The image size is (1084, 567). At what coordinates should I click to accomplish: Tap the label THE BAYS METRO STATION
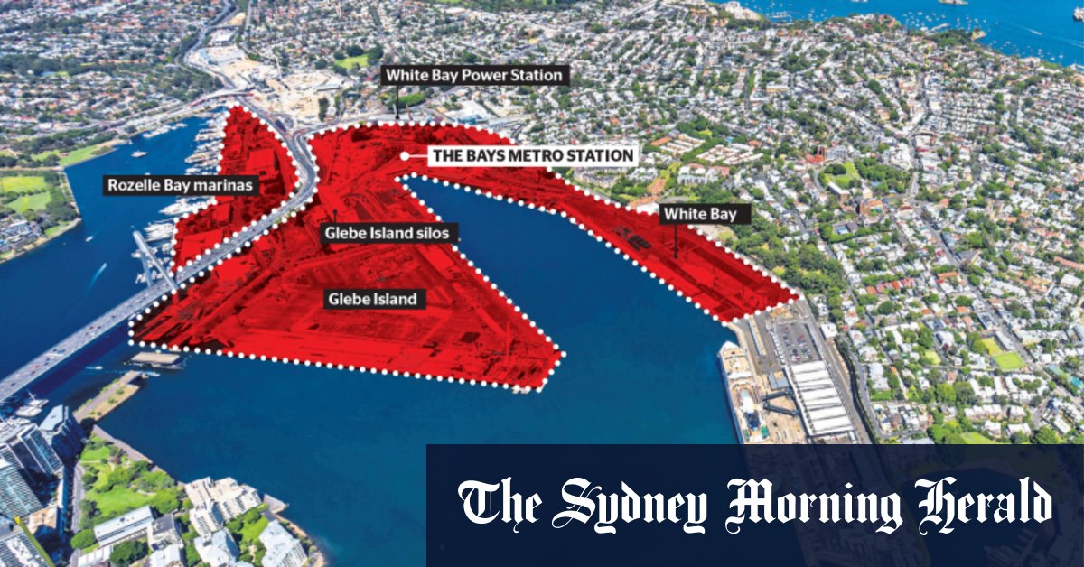[x=532, y=155]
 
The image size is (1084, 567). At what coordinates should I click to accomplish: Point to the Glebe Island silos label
[x=388, y=233]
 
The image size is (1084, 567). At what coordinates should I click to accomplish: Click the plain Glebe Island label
[x=374, y=298]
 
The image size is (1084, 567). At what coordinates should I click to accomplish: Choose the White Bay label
[x=694, y=214]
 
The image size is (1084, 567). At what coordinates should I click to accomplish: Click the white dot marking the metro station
[x=406, y=155]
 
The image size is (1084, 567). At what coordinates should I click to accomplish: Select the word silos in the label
[x=433, y=233]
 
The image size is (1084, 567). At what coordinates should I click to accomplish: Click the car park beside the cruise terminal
[x=795, y=341]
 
